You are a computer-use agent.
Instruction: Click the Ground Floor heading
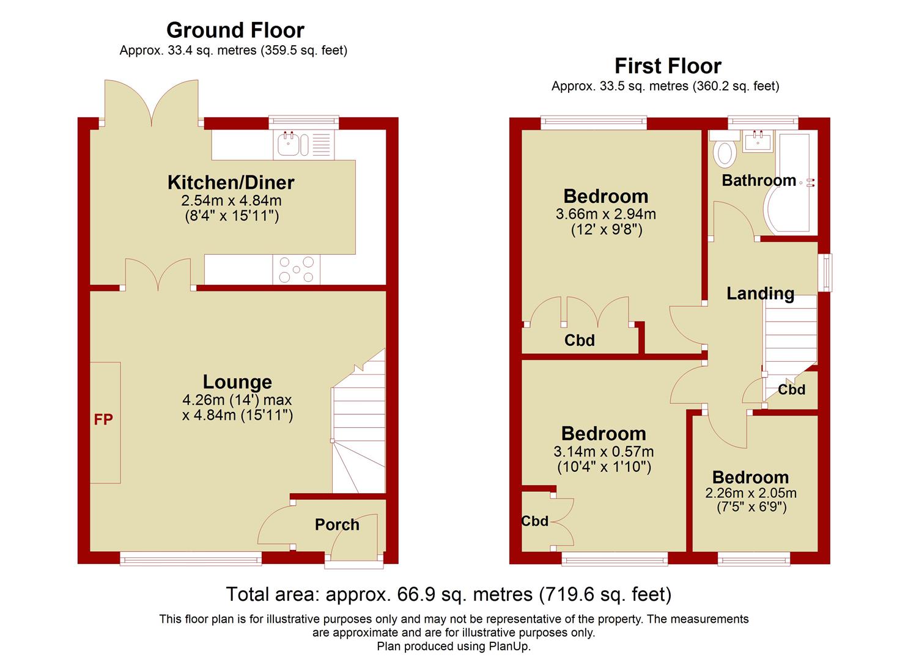pyautogui.click(x=235, y=30)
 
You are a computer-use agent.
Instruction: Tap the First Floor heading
pyautogui.click(x=667, y=65)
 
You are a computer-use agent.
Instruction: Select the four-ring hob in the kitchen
pyautogui.click(x=296, y=269)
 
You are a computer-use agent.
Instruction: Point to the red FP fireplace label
pyautogui.click(x=103, y=420)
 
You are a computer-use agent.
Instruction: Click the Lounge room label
pyautogui.click(x=237, y=382)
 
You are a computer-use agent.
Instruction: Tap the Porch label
pyautogui.click(x=337, y=524)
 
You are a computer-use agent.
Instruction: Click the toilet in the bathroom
pyautogui.click(x=725, y=153)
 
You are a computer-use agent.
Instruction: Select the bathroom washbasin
pyautogui.click(x=758, y=142)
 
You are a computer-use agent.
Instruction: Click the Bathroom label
pyautogui.click(x=758, y=180)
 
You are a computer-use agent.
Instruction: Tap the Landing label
pyautogui.click(x=760, y=294)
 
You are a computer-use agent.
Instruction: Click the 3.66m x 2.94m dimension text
pyautogui.click(x=605, y=215)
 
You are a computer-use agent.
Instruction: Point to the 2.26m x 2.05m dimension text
pyautogui.click(x=751, y=493)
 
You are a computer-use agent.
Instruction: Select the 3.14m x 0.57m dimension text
pyautogui.click(x=603, y=452)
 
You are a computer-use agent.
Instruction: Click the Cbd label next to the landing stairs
pyautogui.click(x=791, y=390)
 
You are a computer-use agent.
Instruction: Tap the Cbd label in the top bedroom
pyautogui.click(x=579, y=340)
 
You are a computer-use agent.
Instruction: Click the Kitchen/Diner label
pyautogui.click(x=231, y=182)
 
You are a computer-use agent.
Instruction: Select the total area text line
pyautogui.click(x=449, y=594)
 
